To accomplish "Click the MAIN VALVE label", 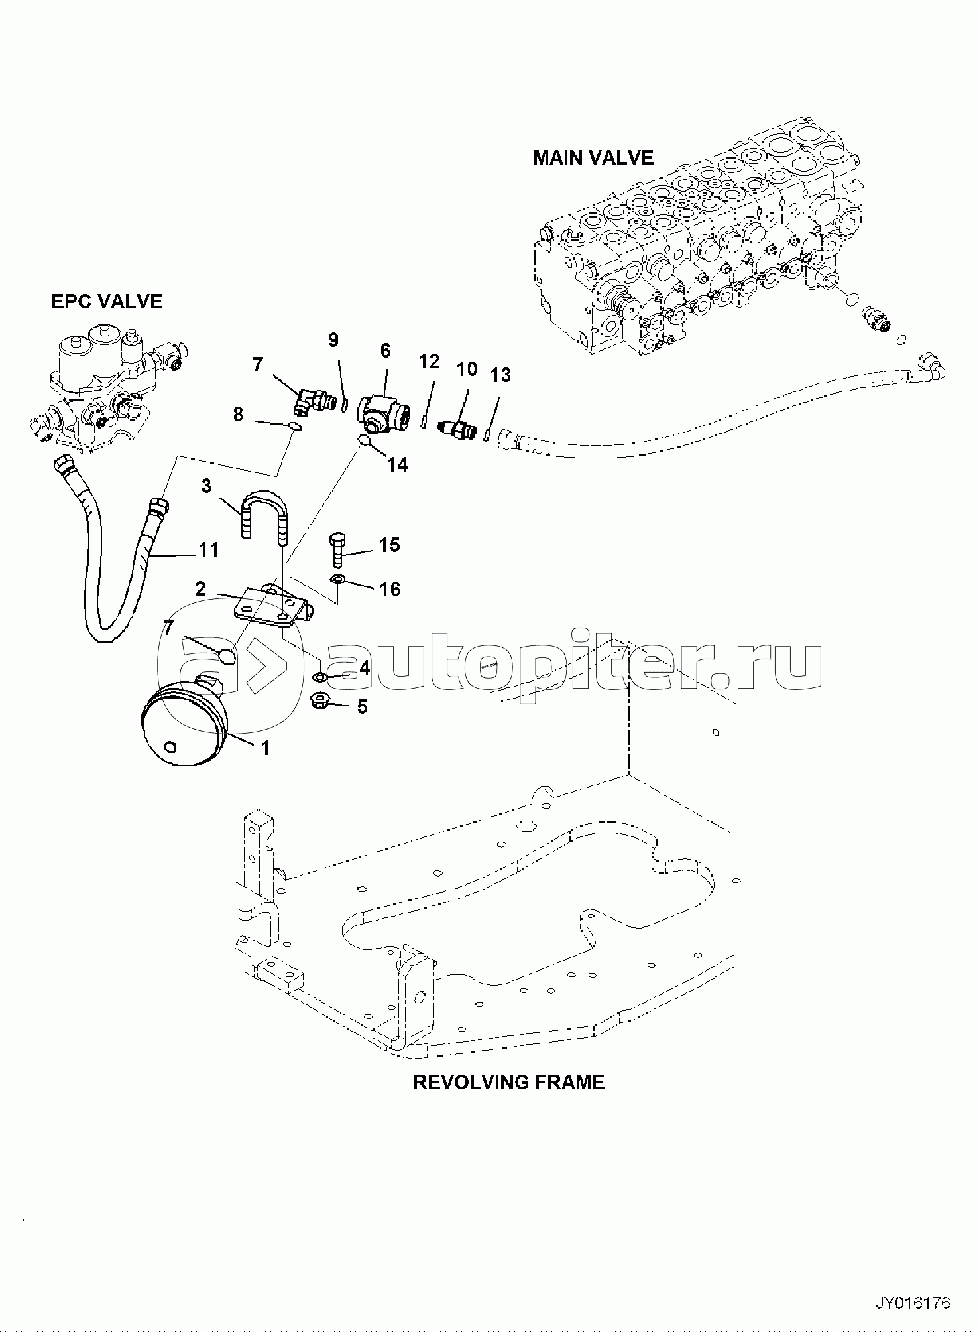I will coord(593,157).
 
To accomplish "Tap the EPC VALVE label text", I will coord(107,301).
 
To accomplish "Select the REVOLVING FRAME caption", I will coord(508,1082).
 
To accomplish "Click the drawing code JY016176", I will coord(913,1303).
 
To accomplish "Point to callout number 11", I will coord(209,550).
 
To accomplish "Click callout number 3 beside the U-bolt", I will coord(206,486).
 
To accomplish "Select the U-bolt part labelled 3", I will coord(264,514).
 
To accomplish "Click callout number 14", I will coord(397,465).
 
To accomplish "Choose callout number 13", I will coord(500,375).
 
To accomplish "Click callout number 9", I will coord(333,340).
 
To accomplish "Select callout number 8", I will coord(239,415).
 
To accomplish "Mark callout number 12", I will coord(429,362).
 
